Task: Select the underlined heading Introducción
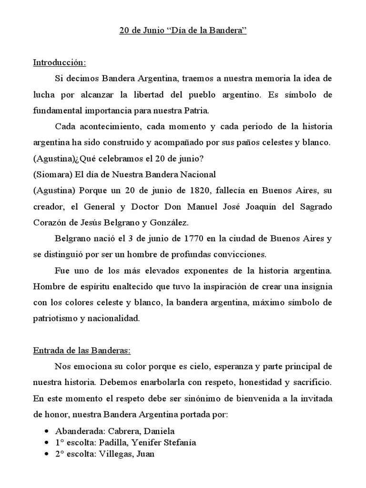coord(60,62)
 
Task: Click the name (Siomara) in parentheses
coord(50,174)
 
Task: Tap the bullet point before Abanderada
coord(46,431)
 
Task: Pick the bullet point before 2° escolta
coord(46,454)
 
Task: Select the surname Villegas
coord(114,454)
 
